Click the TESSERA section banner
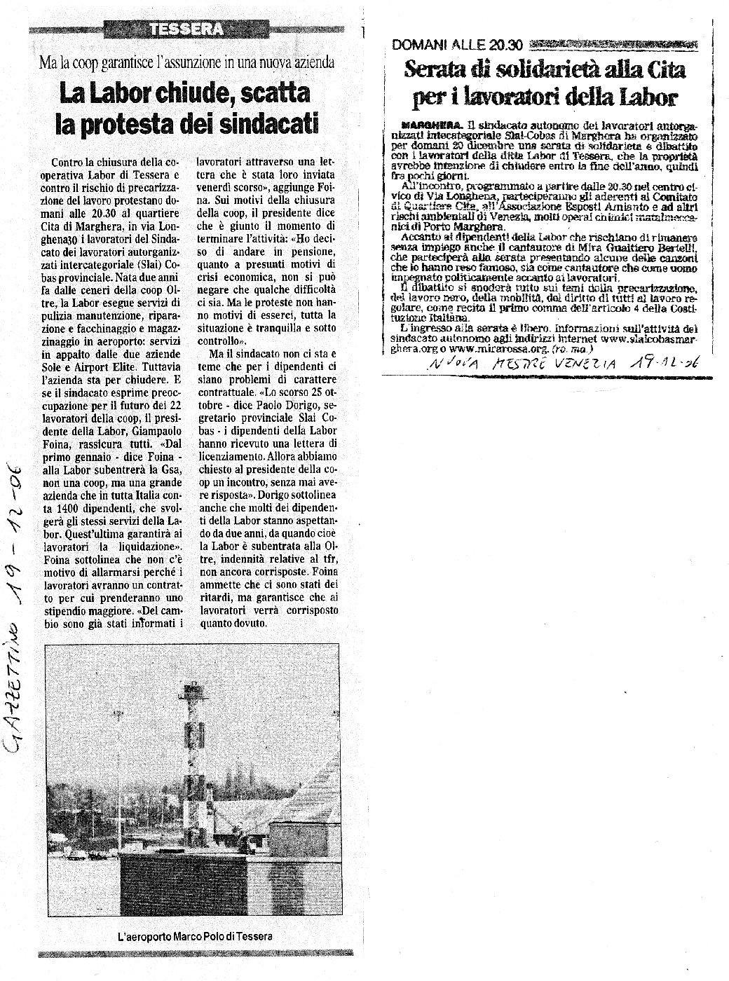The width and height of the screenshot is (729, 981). [x=189, y=29]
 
